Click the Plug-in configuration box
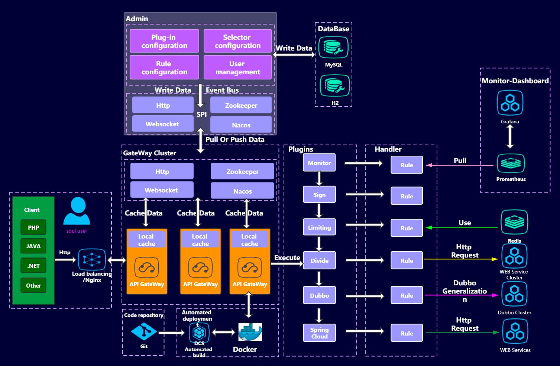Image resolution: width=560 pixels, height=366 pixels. (164, 41)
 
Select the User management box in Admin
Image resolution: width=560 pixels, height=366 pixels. (237, 68)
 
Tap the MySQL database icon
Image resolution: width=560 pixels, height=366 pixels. (333, 48)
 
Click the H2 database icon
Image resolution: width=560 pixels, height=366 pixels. (335, 85)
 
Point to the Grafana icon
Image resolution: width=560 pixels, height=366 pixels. (510, 103)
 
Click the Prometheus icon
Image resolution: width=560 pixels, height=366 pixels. (511, 163)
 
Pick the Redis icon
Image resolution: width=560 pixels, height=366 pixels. (514, 222)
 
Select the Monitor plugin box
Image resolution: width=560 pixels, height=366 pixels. (319, 163)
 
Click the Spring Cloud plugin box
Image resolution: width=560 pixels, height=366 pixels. (319, 333)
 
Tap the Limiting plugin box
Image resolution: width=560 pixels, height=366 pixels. (319, 227)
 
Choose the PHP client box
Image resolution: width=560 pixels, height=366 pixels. (33, 227)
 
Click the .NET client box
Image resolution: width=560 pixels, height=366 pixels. (33, 266)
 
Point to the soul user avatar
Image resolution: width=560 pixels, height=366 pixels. (77, 211)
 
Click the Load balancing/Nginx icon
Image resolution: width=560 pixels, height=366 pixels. (92, 259)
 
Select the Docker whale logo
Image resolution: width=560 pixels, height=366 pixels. (250, 332)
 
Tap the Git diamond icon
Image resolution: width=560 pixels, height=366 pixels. (144, 331)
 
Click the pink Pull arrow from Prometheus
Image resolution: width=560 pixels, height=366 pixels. (460, 165)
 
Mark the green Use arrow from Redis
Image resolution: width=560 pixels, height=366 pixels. (462, 227)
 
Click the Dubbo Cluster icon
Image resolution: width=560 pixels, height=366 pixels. (514, 294)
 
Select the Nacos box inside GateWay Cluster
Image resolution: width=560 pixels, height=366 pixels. (242, 191)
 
